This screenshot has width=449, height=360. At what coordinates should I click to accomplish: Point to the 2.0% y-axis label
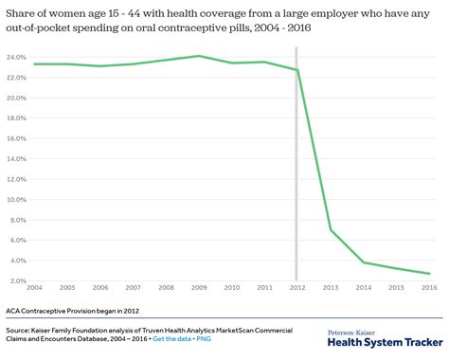click(x=18, y=280)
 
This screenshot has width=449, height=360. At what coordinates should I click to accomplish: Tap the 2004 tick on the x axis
click(x=34, y=287)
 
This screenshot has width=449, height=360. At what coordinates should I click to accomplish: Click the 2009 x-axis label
click(x=198, y=287)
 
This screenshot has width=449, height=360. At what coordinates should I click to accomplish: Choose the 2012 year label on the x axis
click(x=296, y=287)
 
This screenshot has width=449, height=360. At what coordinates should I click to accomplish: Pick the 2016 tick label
click(x=427, y=287)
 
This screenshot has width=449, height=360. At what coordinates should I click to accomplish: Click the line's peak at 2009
click(x=198, y=56)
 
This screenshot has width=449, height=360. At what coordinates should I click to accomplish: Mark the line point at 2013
click(x=330, y=229)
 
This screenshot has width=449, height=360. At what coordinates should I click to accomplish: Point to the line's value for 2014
click(x=362, y=262)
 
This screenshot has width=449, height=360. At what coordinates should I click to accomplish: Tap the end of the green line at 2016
click(x=427, y=274)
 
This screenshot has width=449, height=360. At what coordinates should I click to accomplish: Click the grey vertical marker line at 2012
click(x=296, y=171)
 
